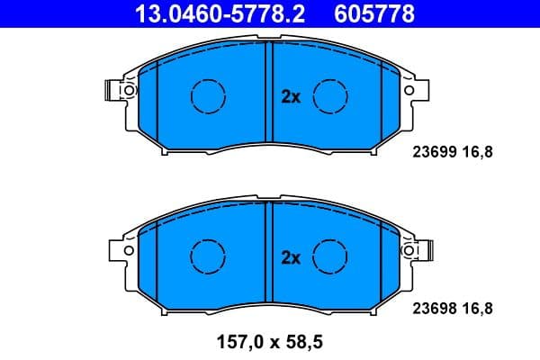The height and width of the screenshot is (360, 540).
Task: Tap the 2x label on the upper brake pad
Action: (x=290, y=97)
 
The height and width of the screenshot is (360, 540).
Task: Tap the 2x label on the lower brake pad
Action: (x=290, y=257)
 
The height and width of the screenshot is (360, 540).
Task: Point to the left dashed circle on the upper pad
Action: (x=208, y=95)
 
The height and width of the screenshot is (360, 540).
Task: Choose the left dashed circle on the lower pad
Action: (x=208, y=256)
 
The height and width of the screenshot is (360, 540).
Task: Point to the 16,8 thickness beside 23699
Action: (x=480, y=151)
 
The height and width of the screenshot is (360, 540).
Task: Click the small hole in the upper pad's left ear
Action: (x=127, y=90)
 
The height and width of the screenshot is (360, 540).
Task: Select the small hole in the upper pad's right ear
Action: (x=411, y=90)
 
